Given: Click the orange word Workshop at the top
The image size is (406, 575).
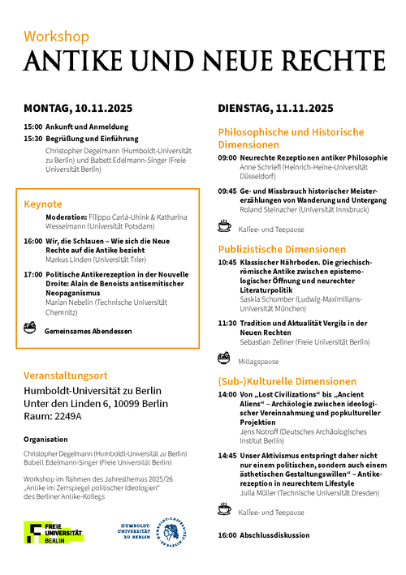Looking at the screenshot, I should [56, 36].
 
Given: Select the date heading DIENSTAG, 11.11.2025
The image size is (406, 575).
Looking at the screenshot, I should [275, 108].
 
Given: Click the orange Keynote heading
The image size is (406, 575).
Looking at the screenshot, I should [43, 204].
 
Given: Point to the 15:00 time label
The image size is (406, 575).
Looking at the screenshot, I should [32, 127].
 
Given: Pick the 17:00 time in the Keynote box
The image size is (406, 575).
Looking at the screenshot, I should [32, 274].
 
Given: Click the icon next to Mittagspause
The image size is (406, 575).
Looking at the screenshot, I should [224, 358].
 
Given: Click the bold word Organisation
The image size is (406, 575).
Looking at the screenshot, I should [45, 438].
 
